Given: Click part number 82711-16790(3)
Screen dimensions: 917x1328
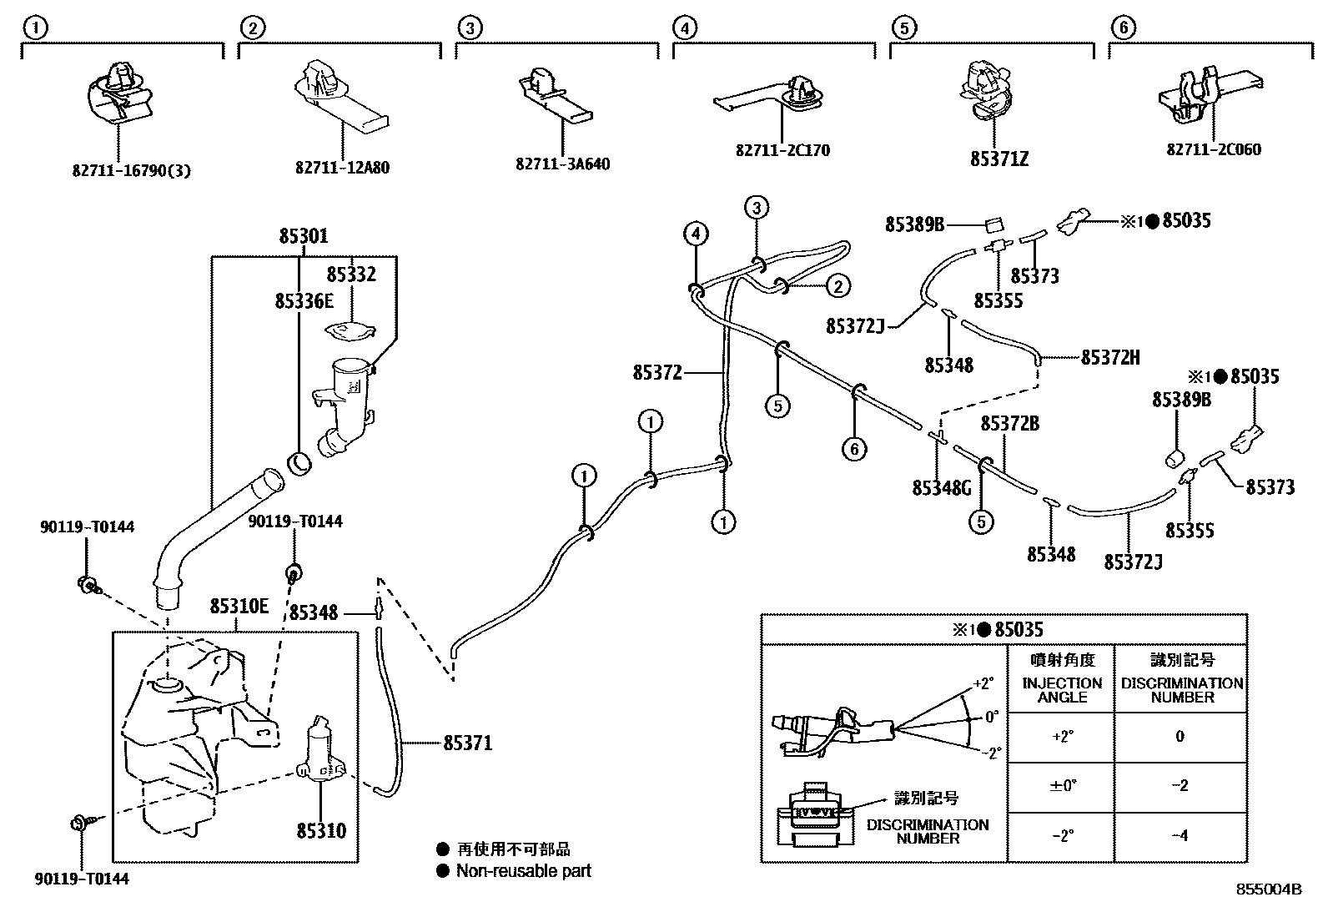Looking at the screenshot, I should (x=131, y=170).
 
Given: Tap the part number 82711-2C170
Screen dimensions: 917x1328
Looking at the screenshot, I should (x=782, y=150).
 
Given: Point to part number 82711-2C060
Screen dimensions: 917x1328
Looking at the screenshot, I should (x=1213, y=149).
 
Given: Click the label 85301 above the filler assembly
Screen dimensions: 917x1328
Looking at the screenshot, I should (x=303, y=237).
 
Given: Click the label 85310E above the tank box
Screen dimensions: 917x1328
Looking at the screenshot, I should (x=239, y=606).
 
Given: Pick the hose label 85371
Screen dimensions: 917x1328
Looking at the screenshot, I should (x=467, y=743).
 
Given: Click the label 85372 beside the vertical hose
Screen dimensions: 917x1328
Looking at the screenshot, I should (x=657, y=373).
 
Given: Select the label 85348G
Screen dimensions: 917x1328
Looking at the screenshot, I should (x=942, y=488).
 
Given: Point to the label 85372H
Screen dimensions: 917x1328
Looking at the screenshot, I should (x=1109, y=358).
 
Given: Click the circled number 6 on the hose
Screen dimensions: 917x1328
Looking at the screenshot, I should (x=854, y=449).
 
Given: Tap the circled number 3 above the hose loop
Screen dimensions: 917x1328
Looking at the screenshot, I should (x=756, y=208).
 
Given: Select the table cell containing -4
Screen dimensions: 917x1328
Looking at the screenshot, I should (x=1180, y=835).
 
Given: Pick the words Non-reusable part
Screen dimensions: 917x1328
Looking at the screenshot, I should (x=523, y=871).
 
